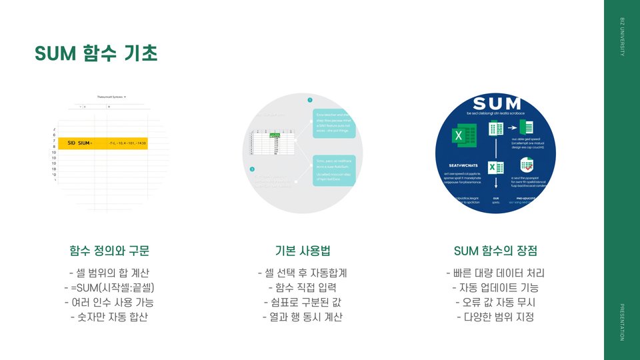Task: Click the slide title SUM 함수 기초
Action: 96,53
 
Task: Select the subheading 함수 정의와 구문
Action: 109,251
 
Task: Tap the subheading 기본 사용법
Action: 302,251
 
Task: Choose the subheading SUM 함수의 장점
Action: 495,251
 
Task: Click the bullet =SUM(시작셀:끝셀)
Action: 109,288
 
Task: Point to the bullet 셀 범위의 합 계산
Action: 109,273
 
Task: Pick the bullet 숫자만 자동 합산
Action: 109,317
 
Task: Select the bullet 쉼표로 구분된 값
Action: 302,303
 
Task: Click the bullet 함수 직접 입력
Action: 302,288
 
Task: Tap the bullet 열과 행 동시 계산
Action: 302,317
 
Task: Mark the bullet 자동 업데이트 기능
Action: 495,288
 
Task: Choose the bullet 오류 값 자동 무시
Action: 495,303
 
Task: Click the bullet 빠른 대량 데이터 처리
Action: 495,273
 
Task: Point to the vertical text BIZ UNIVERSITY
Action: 622,37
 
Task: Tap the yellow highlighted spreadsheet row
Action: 107,143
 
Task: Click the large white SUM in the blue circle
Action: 496,105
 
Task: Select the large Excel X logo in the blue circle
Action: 459,136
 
